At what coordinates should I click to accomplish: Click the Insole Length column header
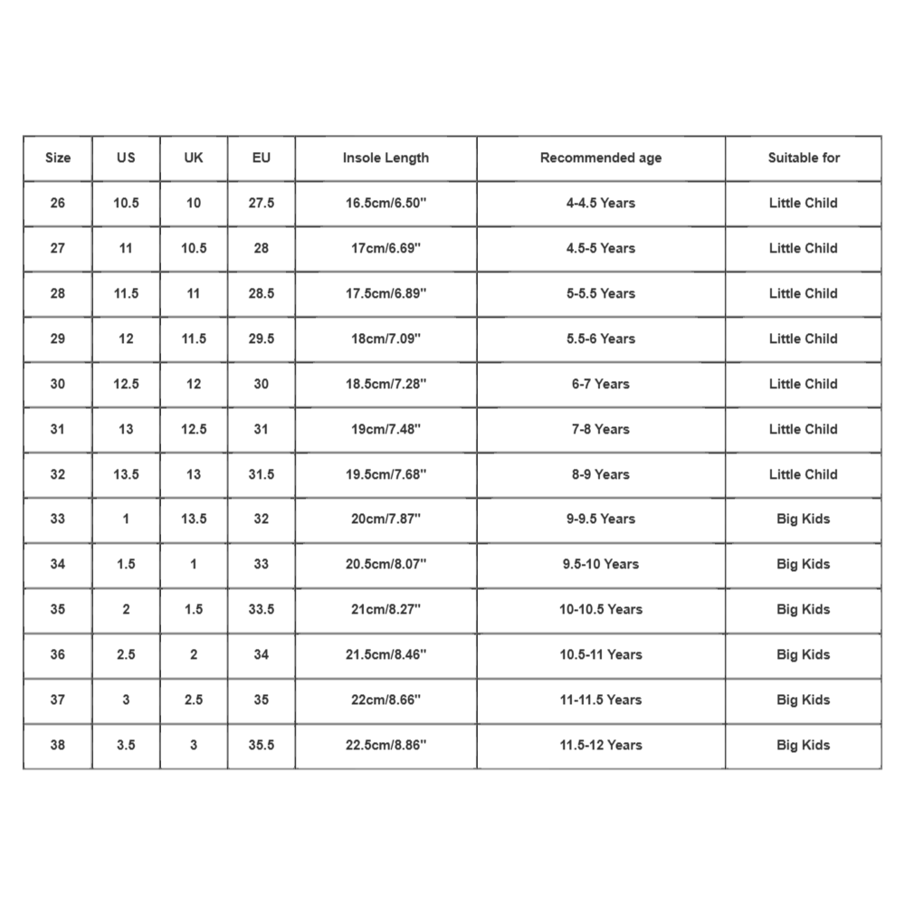pyautogui.click(x=386, y=157)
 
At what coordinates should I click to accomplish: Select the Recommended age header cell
pyautogui.click(x=601, y=157)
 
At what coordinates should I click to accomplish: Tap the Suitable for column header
pyautogui.click(x=804, y=157)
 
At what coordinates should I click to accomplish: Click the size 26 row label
pyautogui.click(x=58, y=203)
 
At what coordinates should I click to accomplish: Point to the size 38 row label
pyautogui.click(x=58, y=745)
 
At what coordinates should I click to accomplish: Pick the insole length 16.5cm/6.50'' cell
pyautogui.click(x=386, y=203)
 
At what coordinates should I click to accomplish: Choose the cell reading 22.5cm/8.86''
pyautogui.click(x=386, y=745)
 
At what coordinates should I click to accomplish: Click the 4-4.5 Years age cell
pyautogui.click(x=601, y=203)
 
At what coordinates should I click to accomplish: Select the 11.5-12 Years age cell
pyautogui.click(x=601, y=745)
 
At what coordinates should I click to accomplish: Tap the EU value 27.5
pyautogui.click(x=262, y=203)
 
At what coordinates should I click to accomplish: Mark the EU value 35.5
pyautogui.click(x=262, y=745)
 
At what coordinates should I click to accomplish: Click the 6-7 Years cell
pyautogui.click(x=601, y=384)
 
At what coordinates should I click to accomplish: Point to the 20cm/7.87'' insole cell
pyautogui.click(x=386, y=519)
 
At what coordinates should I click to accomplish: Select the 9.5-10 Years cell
pyautogui.click(x=601, y=564)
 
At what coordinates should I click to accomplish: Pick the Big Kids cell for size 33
pyautogui.click(x=804, y=519)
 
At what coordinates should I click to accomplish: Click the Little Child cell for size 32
pyautogui.click(x=804, y=474)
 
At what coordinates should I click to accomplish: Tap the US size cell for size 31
pyautogui.click(x=126, y=429)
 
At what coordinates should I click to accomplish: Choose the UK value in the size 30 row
pyautogui.click(x=194, y=384)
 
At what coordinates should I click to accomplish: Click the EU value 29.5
pyautogui.click(x=262, y=338)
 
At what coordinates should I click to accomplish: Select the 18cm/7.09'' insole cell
pyautogui.click(x=386, y=338)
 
